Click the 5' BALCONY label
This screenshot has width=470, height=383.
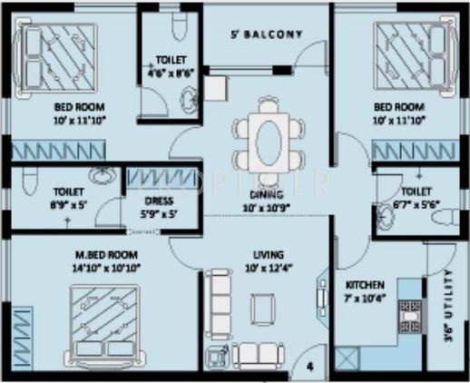point(265,35)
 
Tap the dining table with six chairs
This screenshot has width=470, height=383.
point(267,141)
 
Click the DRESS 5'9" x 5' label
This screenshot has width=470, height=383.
point(160,208)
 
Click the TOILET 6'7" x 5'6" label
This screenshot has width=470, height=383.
point(416,199)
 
